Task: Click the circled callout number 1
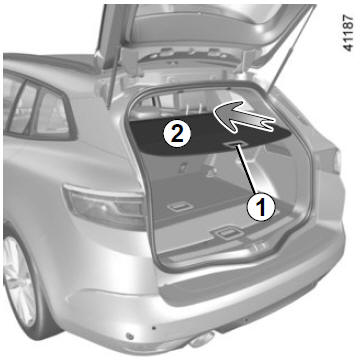[x=261, y=207]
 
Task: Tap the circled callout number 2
[x=177, y=133]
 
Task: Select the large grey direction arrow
[x=244, y=118]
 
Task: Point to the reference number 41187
[x=348, y=33]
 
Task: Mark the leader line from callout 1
[x=246, y=169]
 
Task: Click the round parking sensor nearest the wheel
[x=130, y=336]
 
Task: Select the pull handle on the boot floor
[x=180, y=207]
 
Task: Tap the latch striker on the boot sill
[x=227, y=233]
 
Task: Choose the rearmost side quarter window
[x=52, y=113]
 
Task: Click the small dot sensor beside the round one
[x=154, y=328]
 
